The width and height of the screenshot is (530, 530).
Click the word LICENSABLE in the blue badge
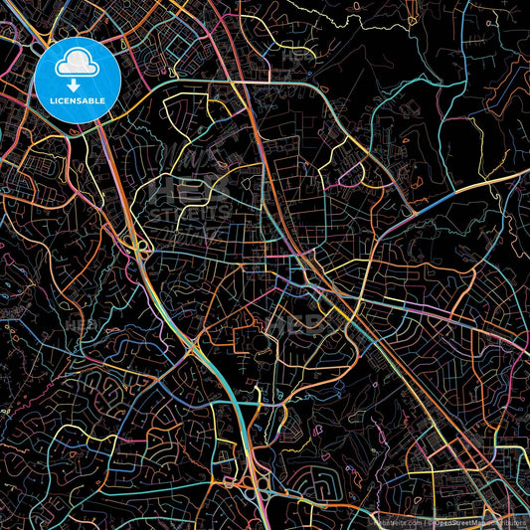coord(78,99)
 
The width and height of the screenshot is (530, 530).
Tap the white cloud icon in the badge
coord(77,66)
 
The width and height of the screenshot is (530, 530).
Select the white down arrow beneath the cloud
coord(77,85)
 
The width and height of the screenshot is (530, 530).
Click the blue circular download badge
coord(78,80)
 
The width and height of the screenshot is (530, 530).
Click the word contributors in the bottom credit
coord(506,521)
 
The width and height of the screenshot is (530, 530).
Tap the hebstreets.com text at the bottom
coord(396,521)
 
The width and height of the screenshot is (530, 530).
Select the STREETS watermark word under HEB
coord(189,213)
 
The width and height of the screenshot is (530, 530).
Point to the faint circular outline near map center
coord(261,343)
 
